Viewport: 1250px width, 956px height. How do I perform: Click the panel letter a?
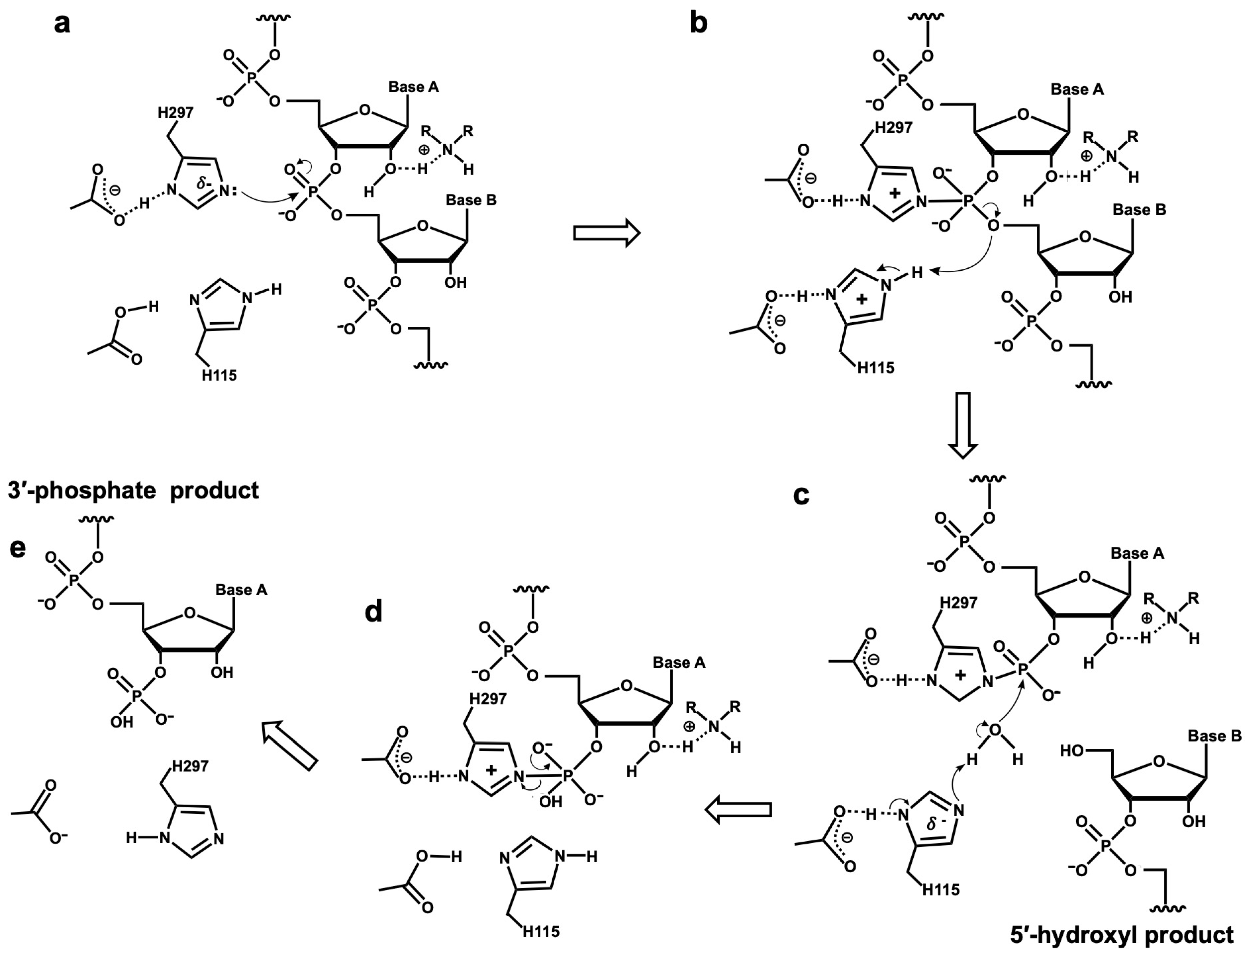tap(62, 24)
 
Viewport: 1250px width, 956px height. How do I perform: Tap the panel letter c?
tap(800, 495)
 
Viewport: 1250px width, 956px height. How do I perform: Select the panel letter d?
tap(373, 612)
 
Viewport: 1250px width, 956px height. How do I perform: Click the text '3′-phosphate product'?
tap(134, 490)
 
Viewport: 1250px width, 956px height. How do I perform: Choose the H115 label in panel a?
tap(219, 375)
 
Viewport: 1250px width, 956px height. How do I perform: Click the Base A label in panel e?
tap(241, 590)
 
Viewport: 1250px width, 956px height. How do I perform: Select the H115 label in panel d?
tap(541, 931)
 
